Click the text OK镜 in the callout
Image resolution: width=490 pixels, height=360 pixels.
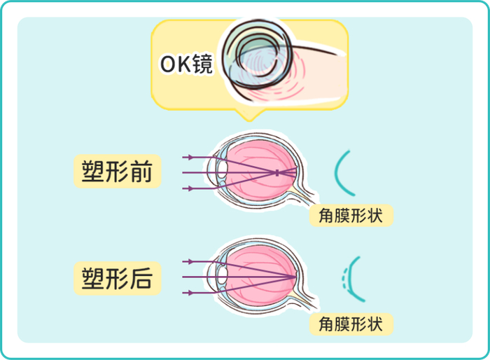[x=186, y=64]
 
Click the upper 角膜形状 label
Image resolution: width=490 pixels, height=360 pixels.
[x=351, y=215]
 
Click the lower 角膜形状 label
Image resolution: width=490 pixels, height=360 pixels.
[x=351, y=323]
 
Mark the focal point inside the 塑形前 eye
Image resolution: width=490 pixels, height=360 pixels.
[x=277, y=172]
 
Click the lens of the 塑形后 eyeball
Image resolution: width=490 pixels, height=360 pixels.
[x=223, y=277]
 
